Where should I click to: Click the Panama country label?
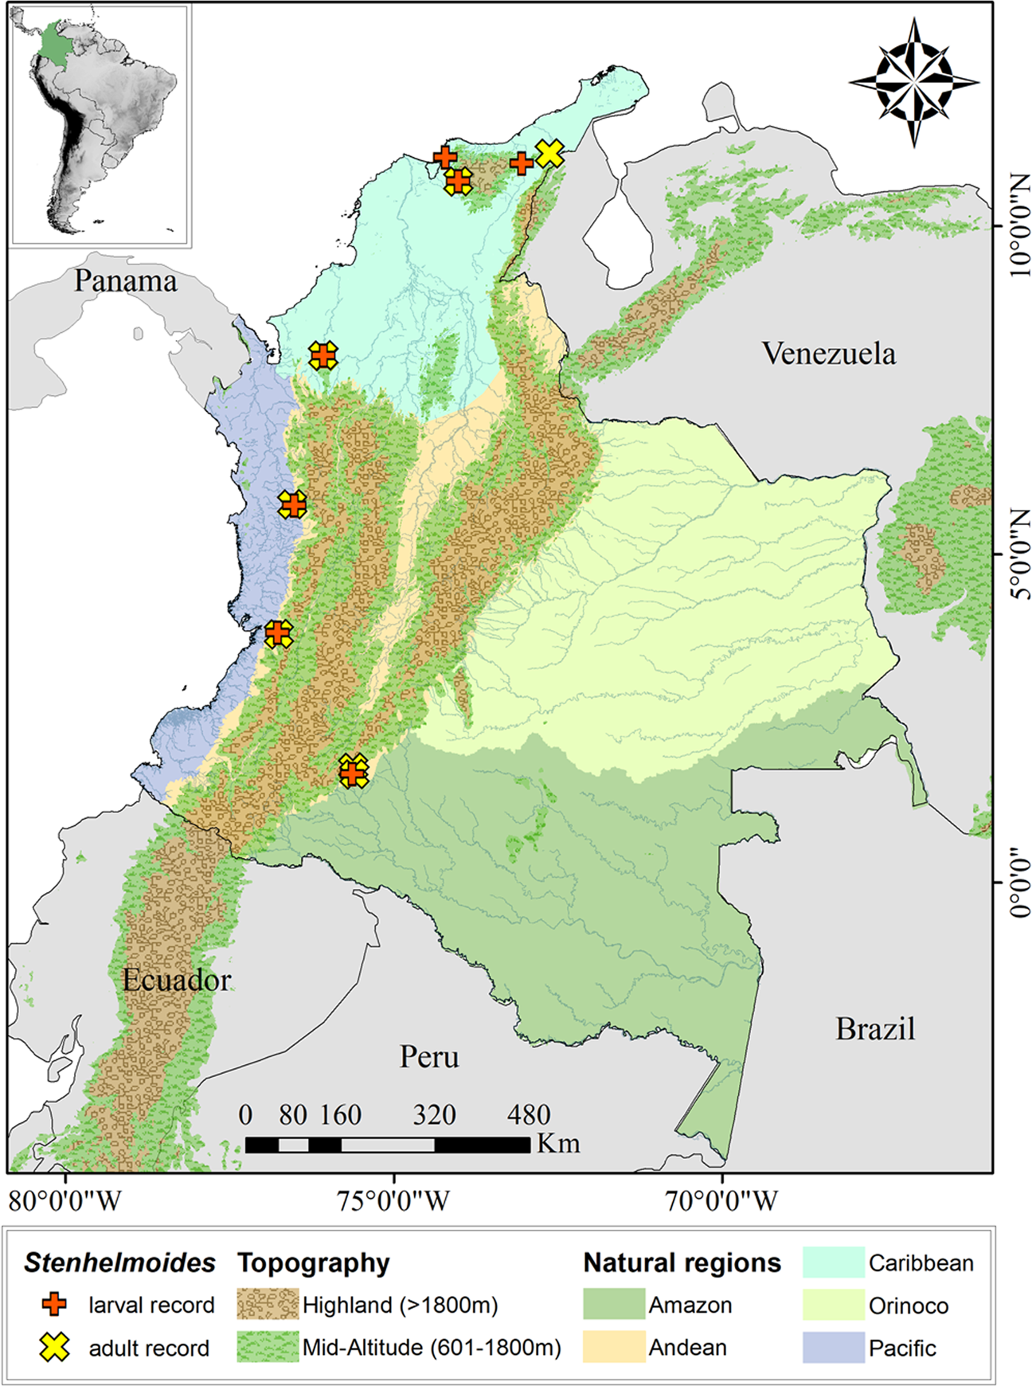coord(126,281)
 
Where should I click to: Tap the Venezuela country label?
coord(828,354)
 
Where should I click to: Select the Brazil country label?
coord(874,1029)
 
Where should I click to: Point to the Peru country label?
coord(429,1057)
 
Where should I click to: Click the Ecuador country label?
coord(176,980)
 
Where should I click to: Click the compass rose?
coord(914,82)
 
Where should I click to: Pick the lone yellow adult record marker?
coord(549,154)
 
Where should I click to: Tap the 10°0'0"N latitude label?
coord(1018,225)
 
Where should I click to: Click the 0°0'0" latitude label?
coord(1018,883)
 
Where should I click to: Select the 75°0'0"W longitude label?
coord(393,1200)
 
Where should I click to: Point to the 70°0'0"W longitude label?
coord(721,1200)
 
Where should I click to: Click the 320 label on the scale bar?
coord(434,1114)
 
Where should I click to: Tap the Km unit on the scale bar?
coord(557,1144)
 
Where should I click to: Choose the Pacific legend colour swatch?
coord(833,1347)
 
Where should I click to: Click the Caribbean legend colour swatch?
coord(833,1263)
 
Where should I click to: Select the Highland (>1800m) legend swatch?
coord(268,1305)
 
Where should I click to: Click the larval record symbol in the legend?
coord(54,1305)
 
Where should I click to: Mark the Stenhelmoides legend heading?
coord(119,1263)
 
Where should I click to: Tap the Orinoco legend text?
coord(908,1306)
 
